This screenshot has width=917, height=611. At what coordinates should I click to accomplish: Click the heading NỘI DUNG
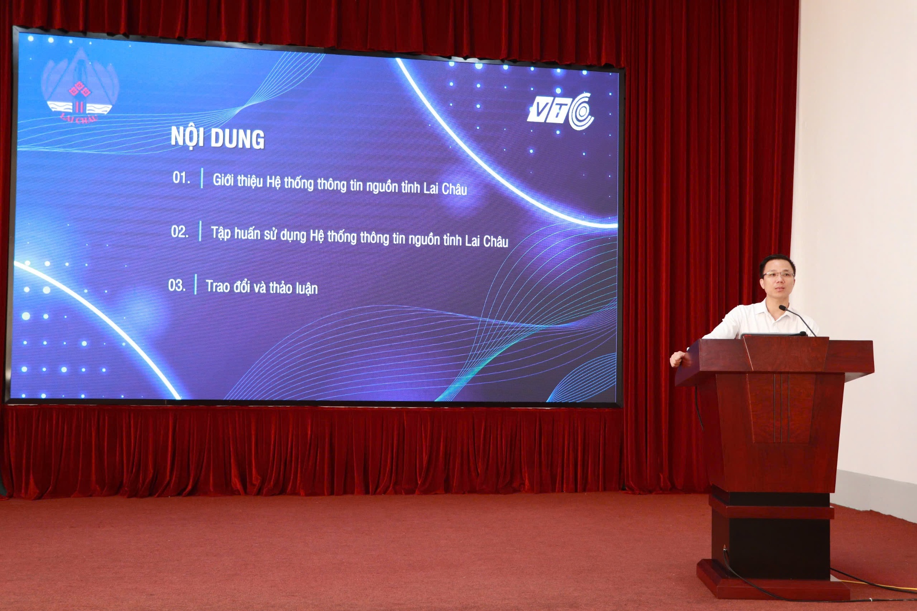pos(217,137)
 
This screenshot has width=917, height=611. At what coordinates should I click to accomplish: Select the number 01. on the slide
pos(181,178)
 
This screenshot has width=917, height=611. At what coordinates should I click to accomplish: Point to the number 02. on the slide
pos(180,232)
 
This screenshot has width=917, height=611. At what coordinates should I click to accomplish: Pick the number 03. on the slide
pos(177,285)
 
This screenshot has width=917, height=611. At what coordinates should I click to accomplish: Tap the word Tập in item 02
pos(221,233)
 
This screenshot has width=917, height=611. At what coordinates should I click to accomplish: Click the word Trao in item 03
pos(218,286)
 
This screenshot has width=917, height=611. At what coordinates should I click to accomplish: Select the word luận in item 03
pos(306,288)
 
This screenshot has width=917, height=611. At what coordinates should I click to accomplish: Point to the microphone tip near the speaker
pos(782,308)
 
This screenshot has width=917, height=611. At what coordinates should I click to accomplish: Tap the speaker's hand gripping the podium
pos(678,358)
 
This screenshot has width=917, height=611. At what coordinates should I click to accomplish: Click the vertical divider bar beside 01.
pos(202,178)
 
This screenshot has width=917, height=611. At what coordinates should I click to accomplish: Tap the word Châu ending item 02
pos(496,241)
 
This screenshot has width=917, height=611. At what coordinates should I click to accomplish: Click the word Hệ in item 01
pos(274,182)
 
